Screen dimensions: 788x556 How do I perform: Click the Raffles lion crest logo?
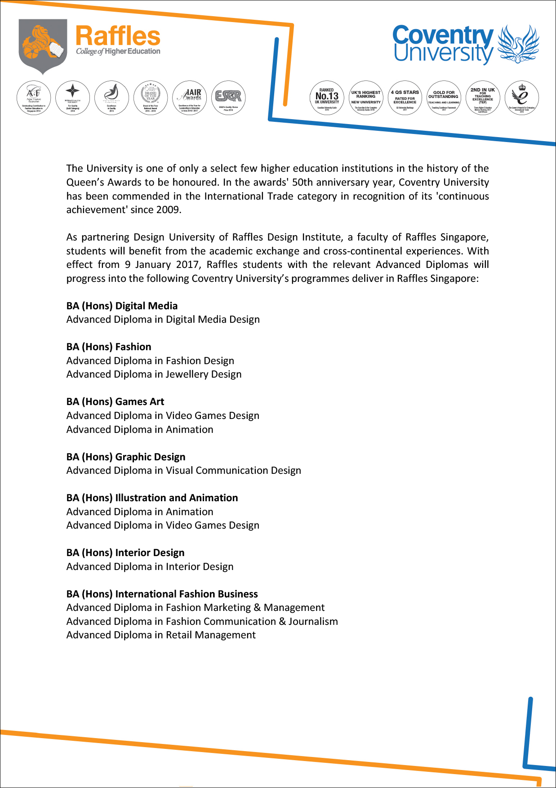43,45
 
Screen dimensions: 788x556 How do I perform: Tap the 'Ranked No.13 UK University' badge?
327,98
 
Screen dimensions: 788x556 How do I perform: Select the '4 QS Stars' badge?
405,98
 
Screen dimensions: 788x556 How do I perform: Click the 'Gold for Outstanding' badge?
444,98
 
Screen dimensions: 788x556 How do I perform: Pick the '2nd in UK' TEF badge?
483,98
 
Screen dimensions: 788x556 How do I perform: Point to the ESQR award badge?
228,98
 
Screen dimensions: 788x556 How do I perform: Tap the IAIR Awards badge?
189,98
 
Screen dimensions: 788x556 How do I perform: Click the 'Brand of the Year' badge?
151,98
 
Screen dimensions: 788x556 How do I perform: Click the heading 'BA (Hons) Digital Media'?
122,306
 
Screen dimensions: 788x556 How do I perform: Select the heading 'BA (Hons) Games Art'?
115,401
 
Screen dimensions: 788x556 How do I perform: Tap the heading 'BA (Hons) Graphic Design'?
126,457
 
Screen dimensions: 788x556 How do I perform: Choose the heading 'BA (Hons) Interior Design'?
125,552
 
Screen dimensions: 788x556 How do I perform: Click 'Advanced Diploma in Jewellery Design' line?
154,374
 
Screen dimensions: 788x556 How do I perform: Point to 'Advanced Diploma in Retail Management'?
161,635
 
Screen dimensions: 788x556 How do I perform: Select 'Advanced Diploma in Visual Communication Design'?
183,470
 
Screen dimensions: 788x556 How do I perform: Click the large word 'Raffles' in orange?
118,36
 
